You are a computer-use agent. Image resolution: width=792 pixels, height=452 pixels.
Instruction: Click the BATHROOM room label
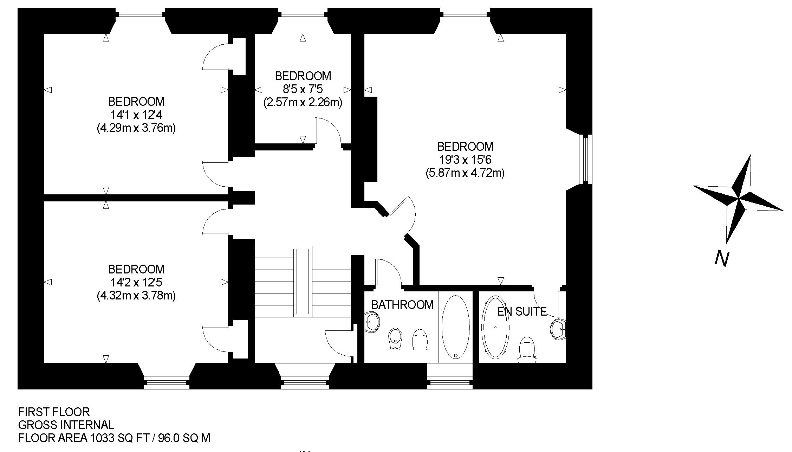[x=402, y=305]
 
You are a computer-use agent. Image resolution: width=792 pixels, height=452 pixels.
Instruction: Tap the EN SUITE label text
[x=522, y=311]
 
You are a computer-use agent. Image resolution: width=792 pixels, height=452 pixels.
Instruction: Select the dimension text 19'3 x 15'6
[x=465, y=160]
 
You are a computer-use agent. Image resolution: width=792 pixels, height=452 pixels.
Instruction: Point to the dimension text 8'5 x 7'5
[x=303, y=89]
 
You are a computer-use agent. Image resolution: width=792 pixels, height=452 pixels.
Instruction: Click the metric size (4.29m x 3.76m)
[x=136, y=128]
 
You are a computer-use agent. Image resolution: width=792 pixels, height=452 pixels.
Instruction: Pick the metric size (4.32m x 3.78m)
[x=136, y=296]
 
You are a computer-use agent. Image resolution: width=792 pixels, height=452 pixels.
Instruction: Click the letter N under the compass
[x=722, y=259]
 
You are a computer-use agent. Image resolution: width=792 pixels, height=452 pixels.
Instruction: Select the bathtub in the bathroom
[x=455, y=327]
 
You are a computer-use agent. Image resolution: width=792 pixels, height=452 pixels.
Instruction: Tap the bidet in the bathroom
[x=395, y=339]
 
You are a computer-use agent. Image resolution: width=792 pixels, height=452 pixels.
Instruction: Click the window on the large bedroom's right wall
[x=585, y=159]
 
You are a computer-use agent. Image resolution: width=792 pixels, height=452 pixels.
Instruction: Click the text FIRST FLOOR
[x=54, y=412]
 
